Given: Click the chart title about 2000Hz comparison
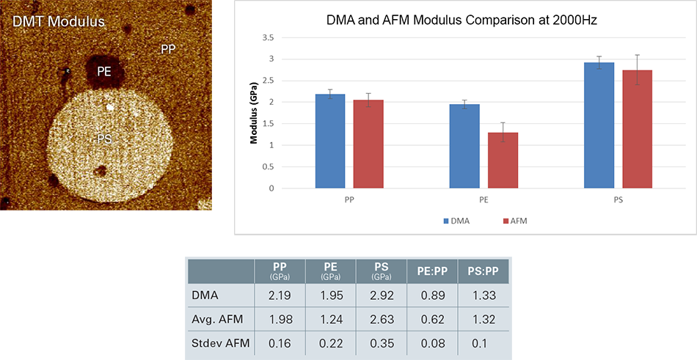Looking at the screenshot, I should pyautogui.click(x=462, y=21).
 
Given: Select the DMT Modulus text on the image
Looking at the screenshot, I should pyautogui.click(x=58, y=22).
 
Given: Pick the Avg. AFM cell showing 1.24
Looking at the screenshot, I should pyautogui.click(x=329, y=320).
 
